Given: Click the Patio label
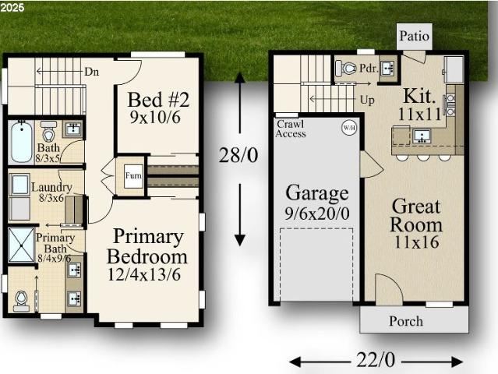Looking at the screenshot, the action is [x=414, y=36].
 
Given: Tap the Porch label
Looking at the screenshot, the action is [x=406, y=321].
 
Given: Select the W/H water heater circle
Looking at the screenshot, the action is [x=349, y=128].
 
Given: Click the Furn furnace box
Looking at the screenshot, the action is [x=133, y=176].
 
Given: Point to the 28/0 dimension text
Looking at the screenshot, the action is [x=238, y=155].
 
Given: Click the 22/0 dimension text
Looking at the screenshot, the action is [x=376, y=360].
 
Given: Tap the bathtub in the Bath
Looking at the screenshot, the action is [x=21, y=142].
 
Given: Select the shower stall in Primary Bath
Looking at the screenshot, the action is [x=21, y=245].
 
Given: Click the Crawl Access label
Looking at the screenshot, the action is [x=291, y=129].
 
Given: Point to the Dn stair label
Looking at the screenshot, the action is [x=92, y=72].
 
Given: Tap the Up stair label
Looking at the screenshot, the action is [x=368, y=100].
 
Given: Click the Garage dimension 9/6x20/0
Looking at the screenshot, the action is [x=317, y=213].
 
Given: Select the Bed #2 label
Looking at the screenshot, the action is [x=158, y=100].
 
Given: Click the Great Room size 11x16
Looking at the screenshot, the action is [x=416, y=242].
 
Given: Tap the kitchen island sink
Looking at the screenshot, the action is [x=422, y=136].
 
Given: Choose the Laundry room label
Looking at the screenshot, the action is [x=51, y=187].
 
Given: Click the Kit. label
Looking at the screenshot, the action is [x=419, y=96].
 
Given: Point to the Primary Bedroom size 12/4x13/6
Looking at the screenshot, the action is [x=144, y=274].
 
